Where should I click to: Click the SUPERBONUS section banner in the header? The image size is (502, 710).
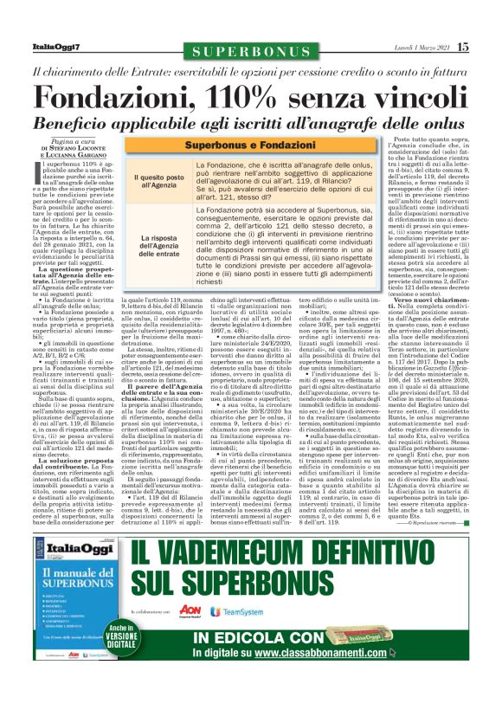click(251, 52)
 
